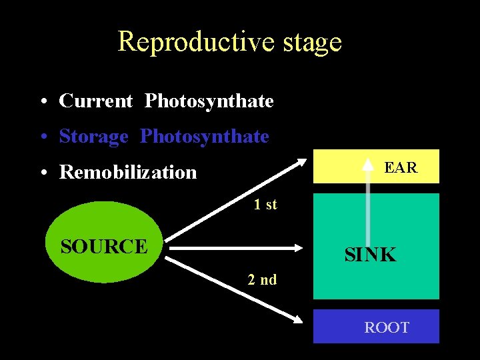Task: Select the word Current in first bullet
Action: [x=96, y=101]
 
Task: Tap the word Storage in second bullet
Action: [x=93, y=137]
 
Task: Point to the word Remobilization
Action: [x=128, y=172]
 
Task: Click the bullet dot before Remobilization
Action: [x=42, y=173]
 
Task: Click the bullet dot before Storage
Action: [x=42, y=137]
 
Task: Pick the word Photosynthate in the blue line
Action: [x=204, y=137]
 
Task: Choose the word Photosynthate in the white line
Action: [x=209, y=101]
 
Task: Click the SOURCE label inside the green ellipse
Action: [x=103, y=246]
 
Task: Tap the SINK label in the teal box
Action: [x=370, y=254]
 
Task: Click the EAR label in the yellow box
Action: [x=401, y=168]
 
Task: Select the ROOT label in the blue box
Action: [x=387, y=327]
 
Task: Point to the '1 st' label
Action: [x=265, y=205]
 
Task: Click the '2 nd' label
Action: [x=262, y=279]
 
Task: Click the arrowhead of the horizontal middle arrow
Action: [x=297, y=248]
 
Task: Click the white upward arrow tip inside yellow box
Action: [x=368, y=163]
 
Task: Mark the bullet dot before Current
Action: [x=42, y=102]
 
